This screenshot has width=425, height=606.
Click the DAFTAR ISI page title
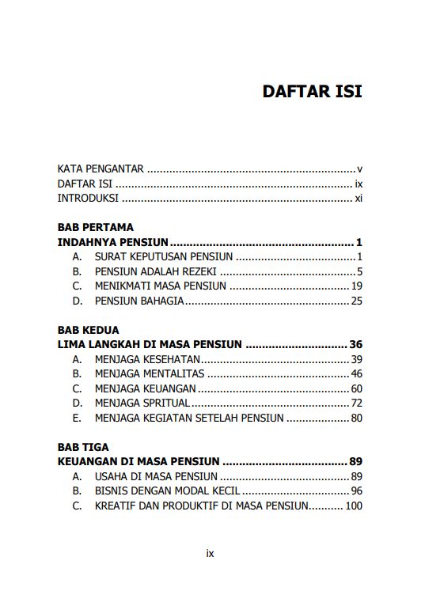click(312, 91)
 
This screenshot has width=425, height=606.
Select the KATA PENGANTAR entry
click(101, 169)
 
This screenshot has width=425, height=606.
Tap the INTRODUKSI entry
click(88, 198)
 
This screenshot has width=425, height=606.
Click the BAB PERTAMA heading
click(96, 227)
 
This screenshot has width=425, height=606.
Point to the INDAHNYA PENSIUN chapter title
click(114, 242)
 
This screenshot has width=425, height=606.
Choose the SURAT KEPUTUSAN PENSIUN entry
click(163, 256)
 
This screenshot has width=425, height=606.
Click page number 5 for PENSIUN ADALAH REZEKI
click(359, 271)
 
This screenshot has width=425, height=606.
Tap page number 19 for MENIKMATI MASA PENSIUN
click(356, 286)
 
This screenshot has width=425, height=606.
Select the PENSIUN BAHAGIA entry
click(139, 301)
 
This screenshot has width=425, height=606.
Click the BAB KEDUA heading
click(89, 329)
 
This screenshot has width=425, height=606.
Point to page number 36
click(355, 344)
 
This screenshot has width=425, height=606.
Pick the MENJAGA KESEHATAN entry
click(147, 359)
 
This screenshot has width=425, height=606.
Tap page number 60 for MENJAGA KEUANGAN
click(356, 388)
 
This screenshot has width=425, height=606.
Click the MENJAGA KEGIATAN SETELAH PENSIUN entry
click(188, 418)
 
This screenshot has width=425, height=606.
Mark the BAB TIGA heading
click(83, 447)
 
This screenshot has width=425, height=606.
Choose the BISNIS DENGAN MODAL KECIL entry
click(168, 490)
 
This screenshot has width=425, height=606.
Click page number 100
click(353, 506)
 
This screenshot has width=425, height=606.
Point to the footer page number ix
click(210, 554)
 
